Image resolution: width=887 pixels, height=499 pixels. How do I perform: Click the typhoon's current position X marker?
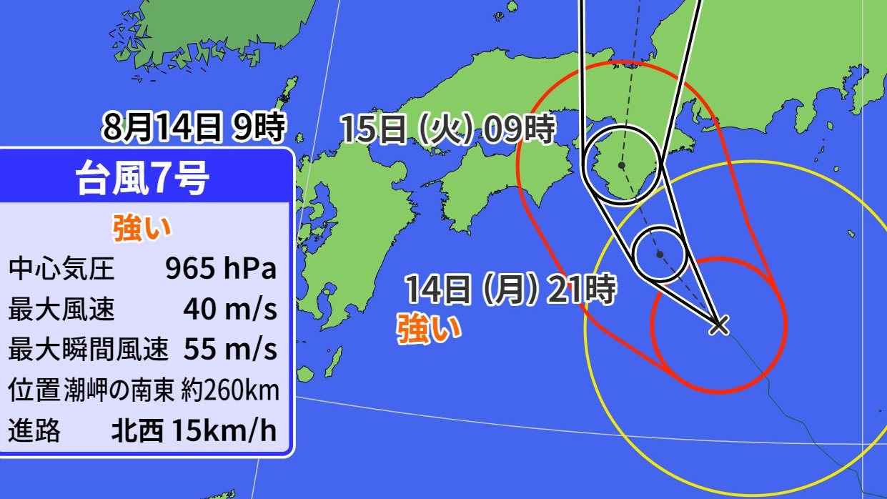point(718,326)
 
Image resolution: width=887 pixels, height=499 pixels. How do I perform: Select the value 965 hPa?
point(220,270)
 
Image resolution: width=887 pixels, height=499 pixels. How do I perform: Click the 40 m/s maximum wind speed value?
point(230,310)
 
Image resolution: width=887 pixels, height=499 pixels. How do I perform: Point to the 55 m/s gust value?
point(230,350)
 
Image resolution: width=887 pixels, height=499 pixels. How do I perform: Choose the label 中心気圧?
point(61,270)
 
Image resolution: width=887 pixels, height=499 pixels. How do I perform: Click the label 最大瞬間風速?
point(89,350)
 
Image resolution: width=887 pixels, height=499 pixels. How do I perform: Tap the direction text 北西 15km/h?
point(193,431)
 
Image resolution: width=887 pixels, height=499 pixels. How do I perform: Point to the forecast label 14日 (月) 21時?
point(510,290)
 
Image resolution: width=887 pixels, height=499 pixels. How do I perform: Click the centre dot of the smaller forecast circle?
point(660,254)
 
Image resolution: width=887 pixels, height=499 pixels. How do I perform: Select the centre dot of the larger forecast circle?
point(622,165)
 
